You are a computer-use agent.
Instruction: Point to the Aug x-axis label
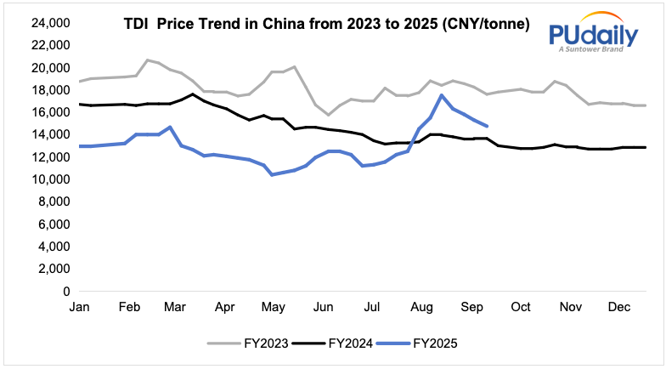click(x=421, y=306)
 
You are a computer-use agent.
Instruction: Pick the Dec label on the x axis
click(x=620, y=306)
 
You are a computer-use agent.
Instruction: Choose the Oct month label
click(x=521, y=306)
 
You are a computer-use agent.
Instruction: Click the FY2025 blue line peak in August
click(x=441, y=95)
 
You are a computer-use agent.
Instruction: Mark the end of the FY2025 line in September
click(x=486, y=126)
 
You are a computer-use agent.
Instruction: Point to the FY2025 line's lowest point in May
click(x=272, y=174)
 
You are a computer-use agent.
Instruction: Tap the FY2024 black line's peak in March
click(x=193, y=94)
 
